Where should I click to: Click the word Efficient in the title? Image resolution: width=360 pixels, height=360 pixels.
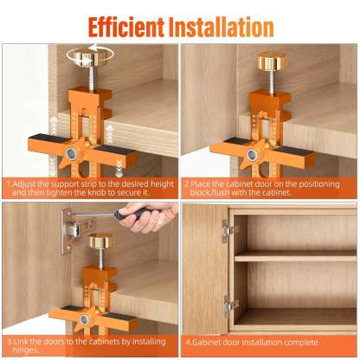[x=126, y=27]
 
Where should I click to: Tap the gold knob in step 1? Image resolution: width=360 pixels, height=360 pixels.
[x=90, y=55]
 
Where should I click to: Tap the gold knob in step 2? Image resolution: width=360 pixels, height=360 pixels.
[x=272, y=61]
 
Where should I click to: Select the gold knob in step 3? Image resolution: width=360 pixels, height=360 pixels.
[x=100, y=241]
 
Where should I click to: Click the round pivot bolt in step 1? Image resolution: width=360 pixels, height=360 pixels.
[x=71, y=154]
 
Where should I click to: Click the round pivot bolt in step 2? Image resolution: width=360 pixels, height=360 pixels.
[x=253, y=155]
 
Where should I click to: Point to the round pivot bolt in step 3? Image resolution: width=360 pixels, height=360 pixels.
[x=84, y=319]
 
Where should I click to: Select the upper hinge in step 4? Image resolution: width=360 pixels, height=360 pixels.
[x=228, y=230]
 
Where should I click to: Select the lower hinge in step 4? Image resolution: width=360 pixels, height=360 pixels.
[x=230, y=306]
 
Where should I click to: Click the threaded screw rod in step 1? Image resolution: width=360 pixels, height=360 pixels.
[x=91, y=77]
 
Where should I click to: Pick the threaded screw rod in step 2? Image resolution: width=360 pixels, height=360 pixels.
[x=272, y=81]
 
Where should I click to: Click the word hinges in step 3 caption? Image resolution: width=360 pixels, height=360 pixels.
[x=26, y=350]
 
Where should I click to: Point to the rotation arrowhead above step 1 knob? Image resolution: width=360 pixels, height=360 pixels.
[x=93, y=48]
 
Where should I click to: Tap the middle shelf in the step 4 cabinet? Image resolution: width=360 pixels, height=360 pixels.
[x=295, y=255]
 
